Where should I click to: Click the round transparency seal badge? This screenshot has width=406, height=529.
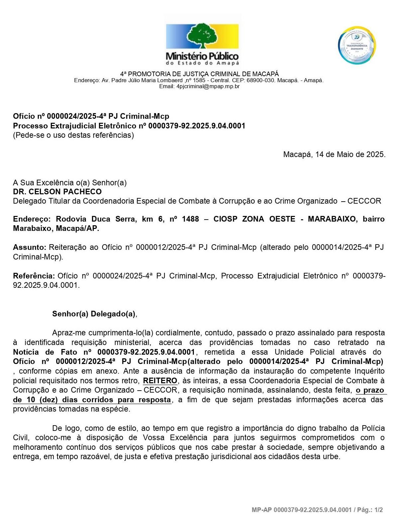point(357,45)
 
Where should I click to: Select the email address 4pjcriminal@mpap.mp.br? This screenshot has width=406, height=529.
point(208,87)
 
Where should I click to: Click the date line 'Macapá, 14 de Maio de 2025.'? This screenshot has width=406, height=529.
point(334,154)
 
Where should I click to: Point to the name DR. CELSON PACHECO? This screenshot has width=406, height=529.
point(57,192)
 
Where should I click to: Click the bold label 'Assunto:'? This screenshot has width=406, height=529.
point(29,248)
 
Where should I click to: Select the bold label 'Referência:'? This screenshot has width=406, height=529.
point(34,276)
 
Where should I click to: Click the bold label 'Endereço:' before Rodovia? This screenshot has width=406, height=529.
point(32,219)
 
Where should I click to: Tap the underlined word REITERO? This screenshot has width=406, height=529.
point(160,381)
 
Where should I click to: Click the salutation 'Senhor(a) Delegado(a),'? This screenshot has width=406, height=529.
point(94,314)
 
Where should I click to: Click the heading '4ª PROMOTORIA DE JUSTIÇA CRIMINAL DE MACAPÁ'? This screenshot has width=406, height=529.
point(200,74)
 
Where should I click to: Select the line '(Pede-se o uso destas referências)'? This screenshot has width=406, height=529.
point(73,135)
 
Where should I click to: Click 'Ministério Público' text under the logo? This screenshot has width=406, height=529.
point(202,56)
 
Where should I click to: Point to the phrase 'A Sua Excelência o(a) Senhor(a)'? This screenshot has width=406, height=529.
point(70,183)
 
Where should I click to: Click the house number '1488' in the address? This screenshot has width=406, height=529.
point(190,219)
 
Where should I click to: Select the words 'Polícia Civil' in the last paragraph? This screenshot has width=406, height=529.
point(373,428)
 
